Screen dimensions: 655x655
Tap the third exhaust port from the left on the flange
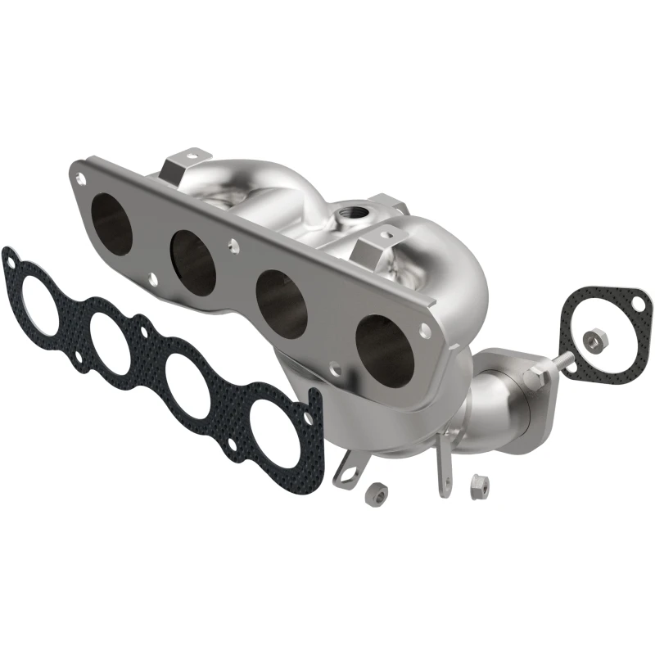[x=282, y=304]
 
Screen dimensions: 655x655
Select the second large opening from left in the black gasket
[x=114, y=345]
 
